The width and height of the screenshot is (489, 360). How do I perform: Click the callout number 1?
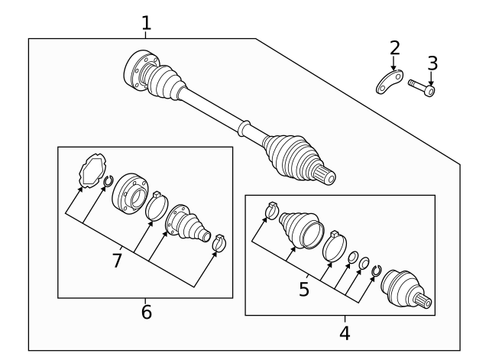(146, 24)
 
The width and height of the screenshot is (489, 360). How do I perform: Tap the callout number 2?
(394, 48)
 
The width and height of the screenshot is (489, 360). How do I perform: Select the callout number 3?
(432, 62)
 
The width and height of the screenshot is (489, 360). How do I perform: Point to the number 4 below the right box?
(345, 332)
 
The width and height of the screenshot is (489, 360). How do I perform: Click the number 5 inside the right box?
(303, 289)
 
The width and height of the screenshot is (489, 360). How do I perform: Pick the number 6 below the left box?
(146, 312)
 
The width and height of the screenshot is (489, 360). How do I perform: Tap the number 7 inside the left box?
(117, 261)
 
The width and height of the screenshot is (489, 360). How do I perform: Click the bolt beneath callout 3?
(422, 87)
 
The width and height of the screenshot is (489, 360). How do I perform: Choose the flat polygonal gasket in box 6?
(92, 170)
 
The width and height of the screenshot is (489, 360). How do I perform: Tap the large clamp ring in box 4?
(334, 246)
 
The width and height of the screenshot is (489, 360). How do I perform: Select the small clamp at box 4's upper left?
(271, 209)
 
